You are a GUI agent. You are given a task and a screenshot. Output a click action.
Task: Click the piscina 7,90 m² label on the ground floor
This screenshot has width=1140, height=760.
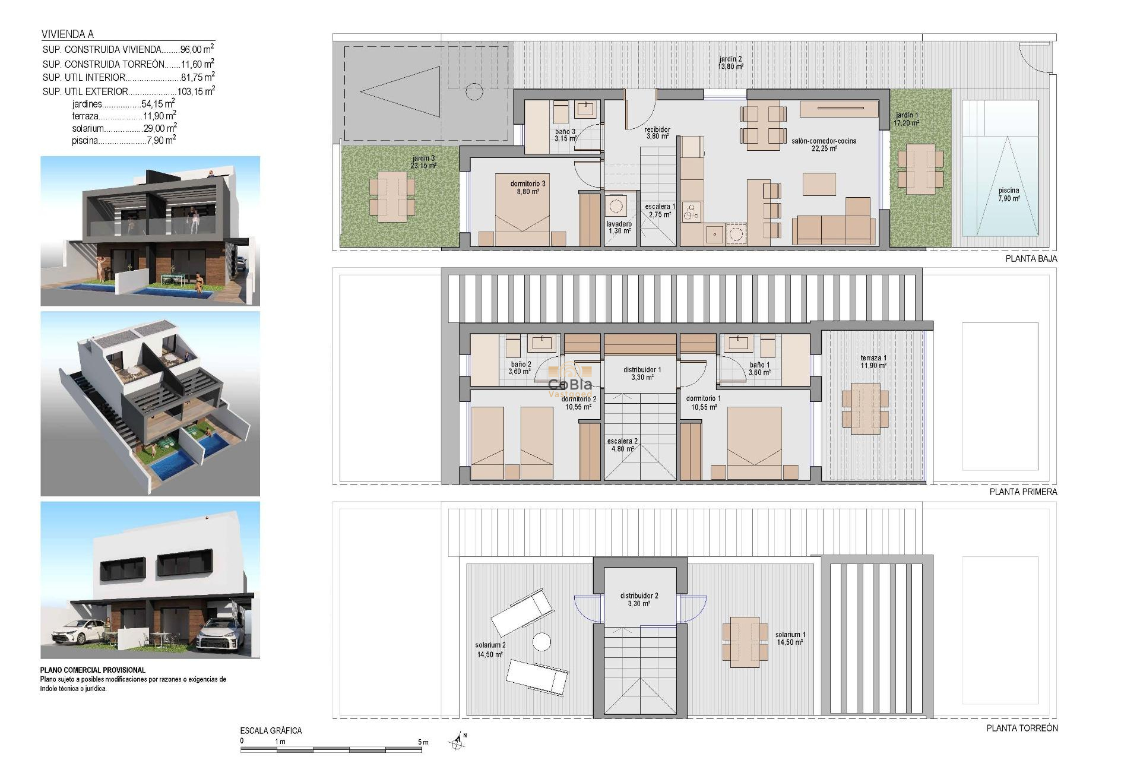1008,195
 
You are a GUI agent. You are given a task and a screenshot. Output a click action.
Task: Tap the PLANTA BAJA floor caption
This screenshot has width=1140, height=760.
1031,259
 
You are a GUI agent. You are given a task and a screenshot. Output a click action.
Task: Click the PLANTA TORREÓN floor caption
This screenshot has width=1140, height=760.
1022,728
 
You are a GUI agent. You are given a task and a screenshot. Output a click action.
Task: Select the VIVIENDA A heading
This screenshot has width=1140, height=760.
68,34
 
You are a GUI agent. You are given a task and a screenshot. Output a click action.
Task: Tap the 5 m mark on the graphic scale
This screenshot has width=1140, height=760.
423,742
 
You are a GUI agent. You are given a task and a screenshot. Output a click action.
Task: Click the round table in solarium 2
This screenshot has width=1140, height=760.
541,642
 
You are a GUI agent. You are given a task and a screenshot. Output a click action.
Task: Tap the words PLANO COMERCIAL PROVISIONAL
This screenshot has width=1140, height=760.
93,670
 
